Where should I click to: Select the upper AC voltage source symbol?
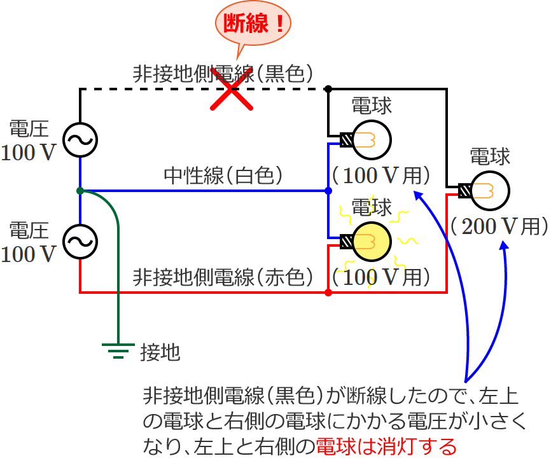point(80,140)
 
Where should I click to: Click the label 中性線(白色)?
point(223,175)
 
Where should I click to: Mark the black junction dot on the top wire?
point(328,88)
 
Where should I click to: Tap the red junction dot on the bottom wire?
point(328,293)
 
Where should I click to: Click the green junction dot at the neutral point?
point(80,191)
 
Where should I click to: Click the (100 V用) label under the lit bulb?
point(382,277)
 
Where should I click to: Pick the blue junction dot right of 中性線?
point(328,191)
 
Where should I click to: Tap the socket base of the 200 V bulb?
point(465,190)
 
